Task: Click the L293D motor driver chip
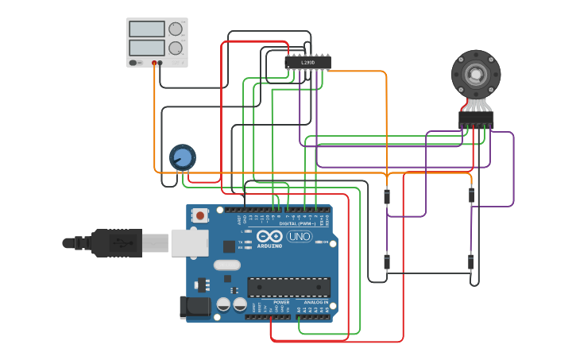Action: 307,62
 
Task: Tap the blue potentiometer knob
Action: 183,157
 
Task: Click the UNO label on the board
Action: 299,237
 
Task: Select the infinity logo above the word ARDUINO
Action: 269,236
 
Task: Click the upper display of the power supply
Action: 147,29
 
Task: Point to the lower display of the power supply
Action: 147,48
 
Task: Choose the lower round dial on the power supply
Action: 176,48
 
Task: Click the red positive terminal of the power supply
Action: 154,63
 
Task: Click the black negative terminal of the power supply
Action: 160,63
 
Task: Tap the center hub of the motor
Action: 476,75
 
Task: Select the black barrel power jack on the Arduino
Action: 195,307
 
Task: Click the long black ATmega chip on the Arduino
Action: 288,287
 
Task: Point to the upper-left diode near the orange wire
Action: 387,196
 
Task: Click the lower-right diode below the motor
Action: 471,261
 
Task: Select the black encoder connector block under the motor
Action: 476,118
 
